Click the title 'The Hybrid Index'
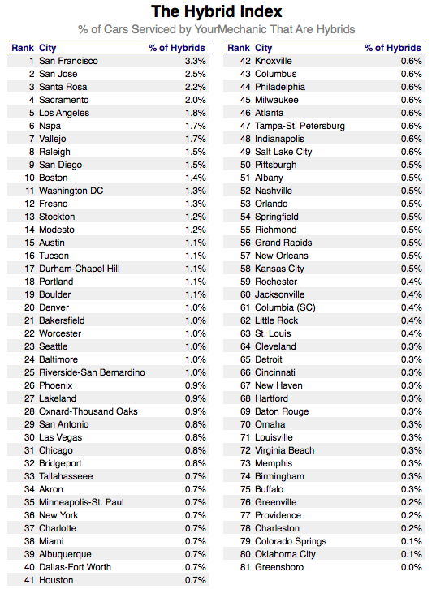click(217, 11)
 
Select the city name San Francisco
click(68, 61)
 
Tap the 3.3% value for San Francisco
click(196, 61)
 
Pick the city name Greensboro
click(279, 567)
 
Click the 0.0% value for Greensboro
click(411, 567)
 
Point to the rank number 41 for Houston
click(30, 580)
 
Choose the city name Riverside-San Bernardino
click(92, 372)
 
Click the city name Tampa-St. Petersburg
click(300, 126)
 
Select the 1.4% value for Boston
click(196, 178)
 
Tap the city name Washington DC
click(71, 191)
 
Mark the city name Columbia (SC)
click(285, 307)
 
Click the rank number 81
click(245, 567)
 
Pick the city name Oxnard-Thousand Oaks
click(88, 411)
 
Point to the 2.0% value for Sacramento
click(196, 100)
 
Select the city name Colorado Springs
click(291, 541)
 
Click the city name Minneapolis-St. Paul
click(81, 502)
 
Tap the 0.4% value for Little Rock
click(411, 320)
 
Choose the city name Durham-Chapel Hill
click(80, 269)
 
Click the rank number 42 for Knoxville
click(245, 61)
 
